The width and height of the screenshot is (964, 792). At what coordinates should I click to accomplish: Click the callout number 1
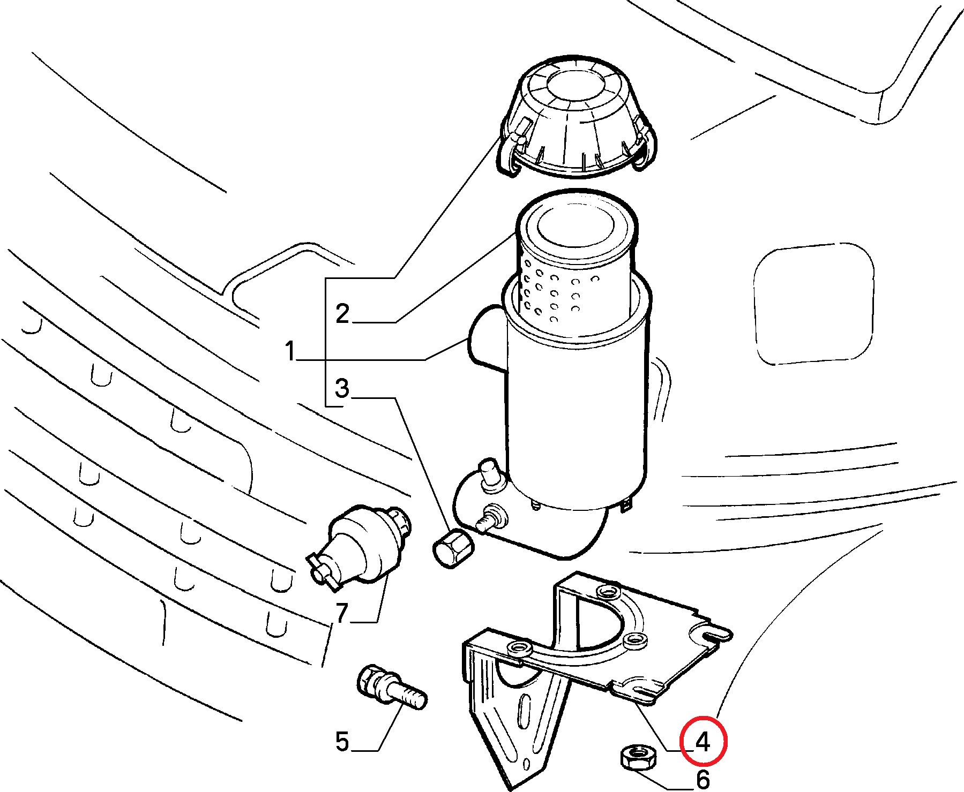[x=290, y=351]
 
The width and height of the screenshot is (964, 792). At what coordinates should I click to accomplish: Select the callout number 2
[x=342, y=313]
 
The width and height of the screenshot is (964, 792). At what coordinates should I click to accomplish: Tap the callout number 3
[x=342, y=388]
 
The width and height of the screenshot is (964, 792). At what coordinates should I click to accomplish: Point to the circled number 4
[x=703, y=742]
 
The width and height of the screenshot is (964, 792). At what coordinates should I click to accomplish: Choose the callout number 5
[x=342, y=742]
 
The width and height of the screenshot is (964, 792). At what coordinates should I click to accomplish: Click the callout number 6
[x=703, y=780]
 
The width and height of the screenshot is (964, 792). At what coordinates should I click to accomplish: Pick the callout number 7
[x=342, y=613]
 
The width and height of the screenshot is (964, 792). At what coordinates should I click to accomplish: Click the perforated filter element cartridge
[x=576, y=262]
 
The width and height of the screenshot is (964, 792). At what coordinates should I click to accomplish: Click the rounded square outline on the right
[x=813, y=304]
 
